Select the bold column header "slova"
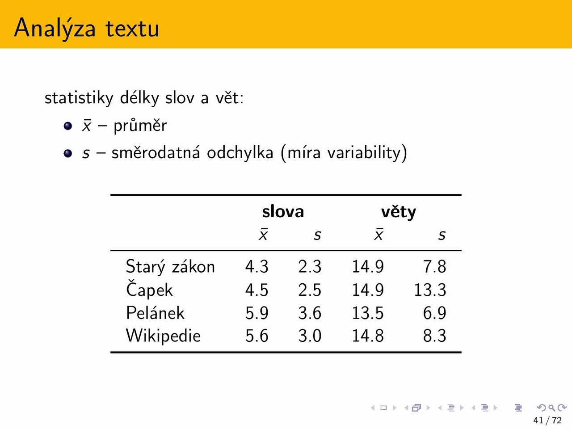[283, 211]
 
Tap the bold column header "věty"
[399, 212]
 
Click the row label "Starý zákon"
[170, 266]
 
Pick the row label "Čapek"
[149, 289]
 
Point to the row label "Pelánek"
[155, 312]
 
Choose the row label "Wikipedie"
[164, 336]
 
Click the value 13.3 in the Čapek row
[430, 290]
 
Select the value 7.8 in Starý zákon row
[435, 267]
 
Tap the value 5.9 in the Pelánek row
[257, 313]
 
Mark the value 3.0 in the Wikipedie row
[310, 336]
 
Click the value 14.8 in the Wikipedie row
[368, 336]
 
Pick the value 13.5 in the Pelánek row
[368, 313]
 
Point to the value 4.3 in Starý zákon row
[257, 267]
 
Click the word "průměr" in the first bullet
[140, 126]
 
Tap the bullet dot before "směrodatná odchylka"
[68, 153]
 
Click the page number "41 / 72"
[547, 420]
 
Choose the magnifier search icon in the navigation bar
[552, 408]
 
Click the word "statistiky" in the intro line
[79, 98]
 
